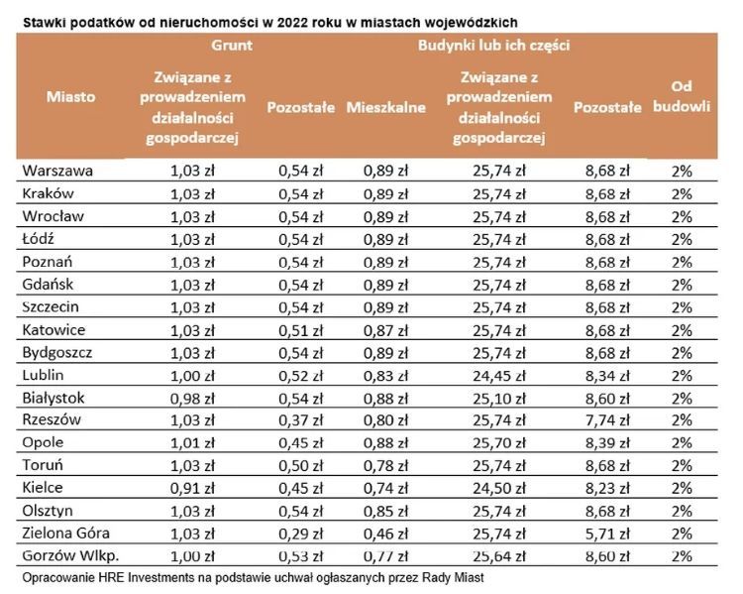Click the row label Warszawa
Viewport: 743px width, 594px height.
[x=57, y=170]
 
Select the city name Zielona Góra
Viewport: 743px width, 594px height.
[x=64, y=533]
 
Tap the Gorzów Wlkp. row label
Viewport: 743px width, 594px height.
[x=68, y=554]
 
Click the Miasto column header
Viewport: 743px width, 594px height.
[x=70, y=97]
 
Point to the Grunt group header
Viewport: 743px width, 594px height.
[x=231, y=45]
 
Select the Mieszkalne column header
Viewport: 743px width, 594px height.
[x=385, y=106]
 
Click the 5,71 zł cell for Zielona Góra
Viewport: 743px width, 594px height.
[x=607, y=534]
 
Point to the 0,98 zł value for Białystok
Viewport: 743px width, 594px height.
[x=192, y=397]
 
